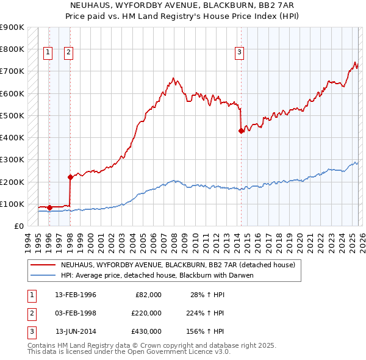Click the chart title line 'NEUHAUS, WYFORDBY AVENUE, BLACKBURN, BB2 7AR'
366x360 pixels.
coord(183,5)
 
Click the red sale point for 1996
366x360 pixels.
coord(49,208)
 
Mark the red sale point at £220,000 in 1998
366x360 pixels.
coord(70,178)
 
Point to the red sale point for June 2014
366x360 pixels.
coord(241,131)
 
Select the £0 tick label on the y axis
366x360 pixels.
coord(18,226)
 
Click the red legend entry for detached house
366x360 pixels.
coord(178,265)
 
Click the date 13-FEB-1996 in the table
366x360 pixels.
coord(76,295)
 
